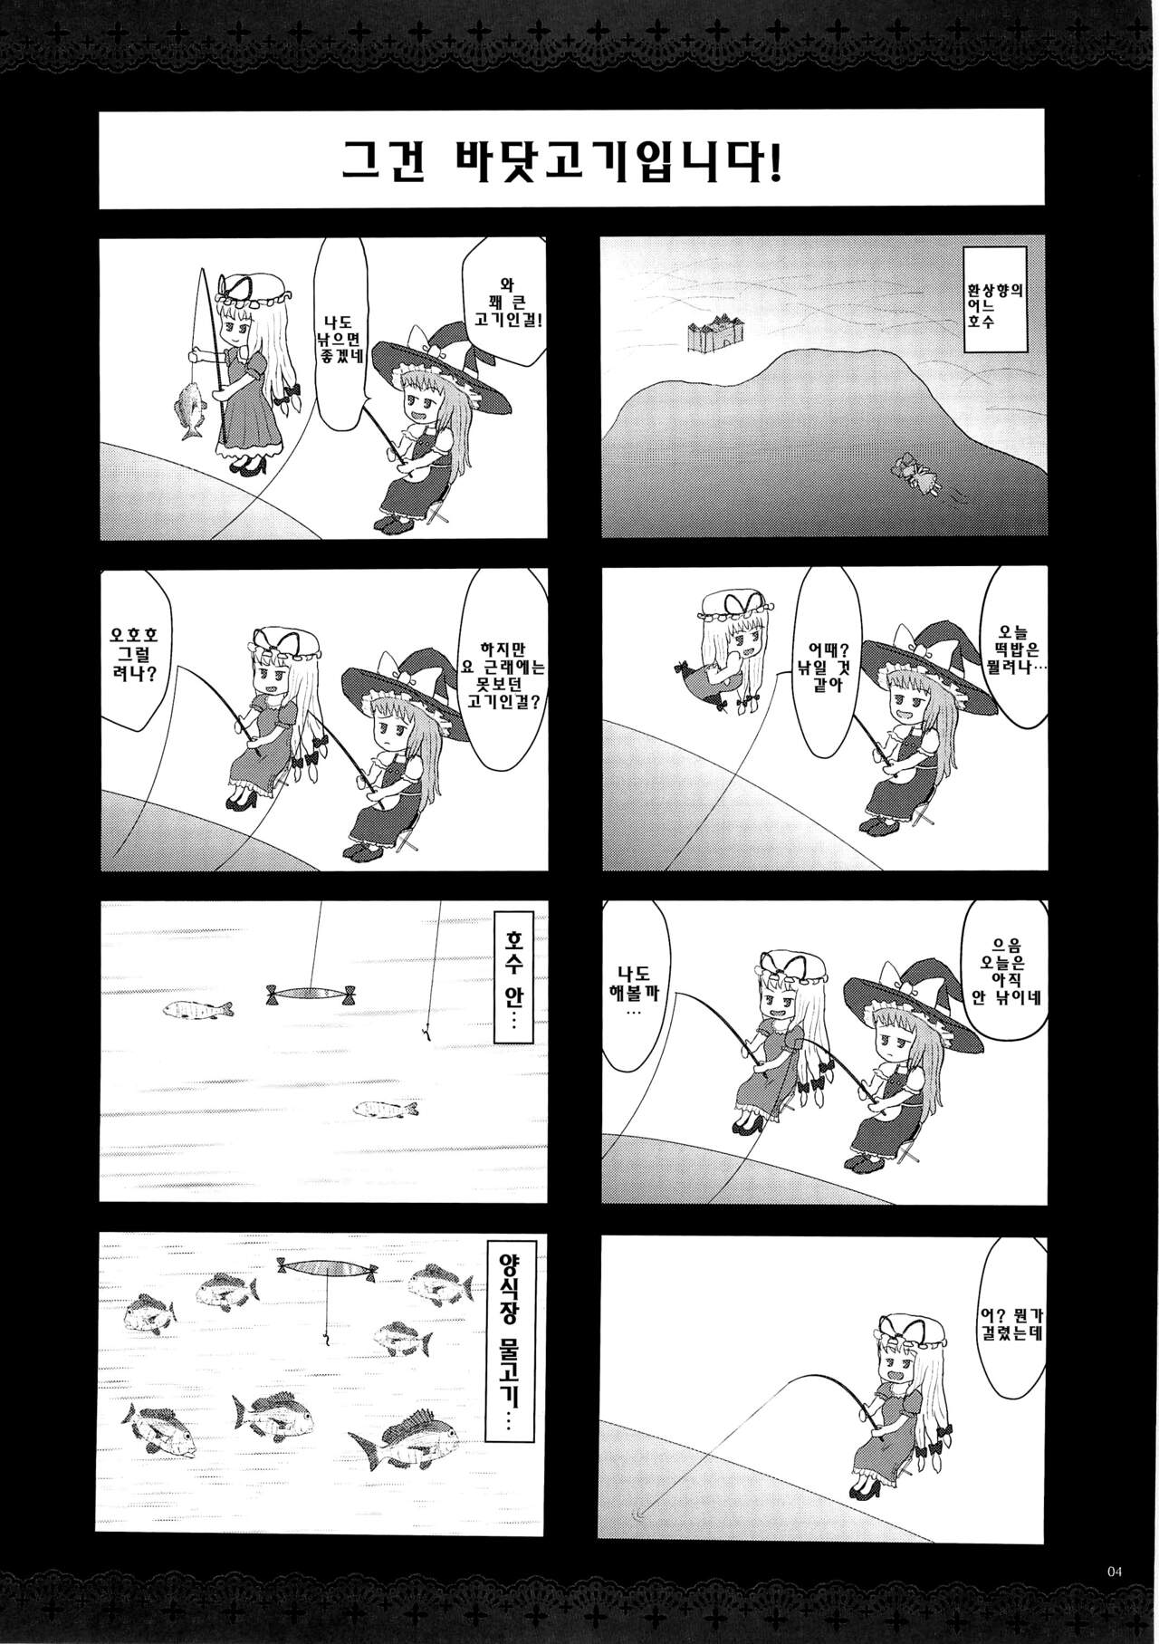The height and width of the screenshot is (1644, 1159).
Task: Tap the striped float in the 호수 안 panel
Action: tap(311, 994)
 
